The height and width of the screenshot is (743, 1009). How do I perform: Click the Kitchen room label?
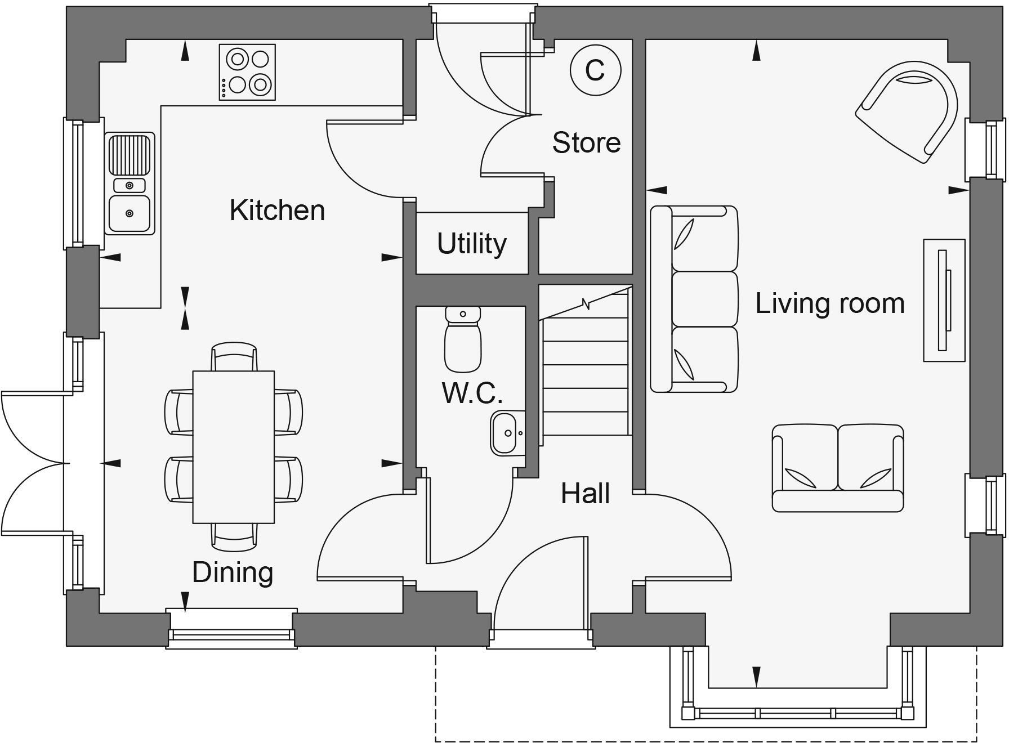[x=277, y=211]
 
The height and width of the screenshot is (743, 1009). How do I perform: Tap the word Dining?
[x=233, y=572]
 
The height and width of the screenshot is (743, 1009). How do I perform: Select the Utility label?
[x=472, y=244]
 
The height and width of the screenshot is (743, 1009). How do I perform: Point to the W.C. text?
[x=472, y=393]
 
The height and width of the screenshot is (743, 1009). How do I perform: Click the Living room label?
[x=829, y=303]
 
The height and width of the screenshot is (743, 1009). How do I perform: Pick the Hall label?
[x=585, y=494]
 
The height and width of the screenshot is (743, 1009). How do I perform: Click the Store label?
[x=586, y=142]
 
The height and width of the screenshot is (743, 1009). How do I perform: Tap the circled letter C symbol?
[x=595, y=70]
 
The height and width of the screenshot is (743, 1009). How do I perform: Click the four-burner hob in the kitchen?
[x=247, y=72]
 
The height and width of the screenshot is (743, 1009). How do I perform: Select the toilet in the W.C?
[x=463, y=341]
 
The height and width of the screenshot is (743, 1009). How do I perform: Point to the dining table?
[x=233, y=446]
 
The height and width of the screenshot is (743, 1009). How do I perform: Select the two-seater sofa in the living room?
[x=837, y=468]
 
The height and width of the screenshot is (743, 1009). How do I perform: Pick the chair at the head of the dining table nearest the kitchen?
[x=234, y=356]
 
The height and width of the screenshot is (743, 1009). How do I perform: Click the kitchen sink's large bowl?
[x=129, y=213]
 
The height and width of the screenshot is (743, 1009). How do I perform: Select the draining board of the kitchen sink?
[x=130, y=155]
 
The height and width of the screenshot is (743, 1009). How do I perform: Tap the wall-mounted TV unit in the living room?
[x=944, y=300]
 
